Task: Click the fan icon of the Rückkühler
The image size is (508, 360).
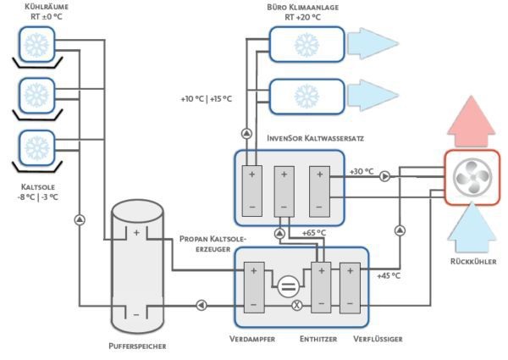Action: (x=472, y=178)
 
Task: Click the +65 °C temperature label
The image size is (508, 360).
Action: (x=314, y=233)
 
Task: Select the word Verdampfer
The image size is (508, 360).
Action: (x=254, y=339)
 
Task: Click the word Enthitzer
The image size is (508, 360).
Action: (x=319, y=339)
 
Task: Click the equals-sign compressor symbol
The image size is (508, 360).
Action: (x=288, y=286)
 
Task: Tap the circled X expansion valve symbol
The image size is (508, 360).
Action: (x=297, y=305)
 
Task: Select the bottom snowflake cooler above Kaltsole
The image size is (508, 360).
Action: (x=36, y=147)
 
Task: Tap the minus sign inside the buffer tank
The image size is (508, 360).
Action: (x=135, y=315)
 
